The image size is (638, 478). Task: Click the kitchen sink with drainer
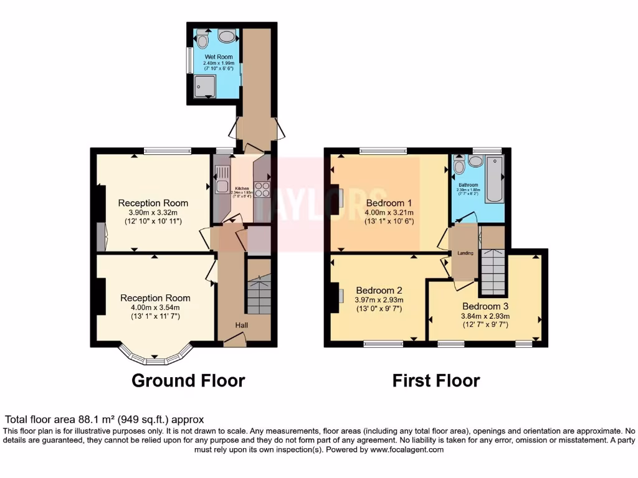pyautogui.click(x=221, y=180)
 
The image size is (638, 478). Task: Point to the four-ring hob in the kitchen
pyautogui.click(x=262, y=189)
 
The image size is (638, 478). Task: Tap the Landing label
pyautogui.click(x=465, y=253)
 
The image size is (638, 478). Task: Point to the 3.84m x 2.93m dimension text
pyautogui.click(x=485, y=316)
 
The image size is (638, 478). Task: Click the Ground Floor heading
pyautogui.click(x=188, y=380)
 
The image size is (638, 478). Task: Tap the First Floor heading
pyautogui.click(x=436, y=380)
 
